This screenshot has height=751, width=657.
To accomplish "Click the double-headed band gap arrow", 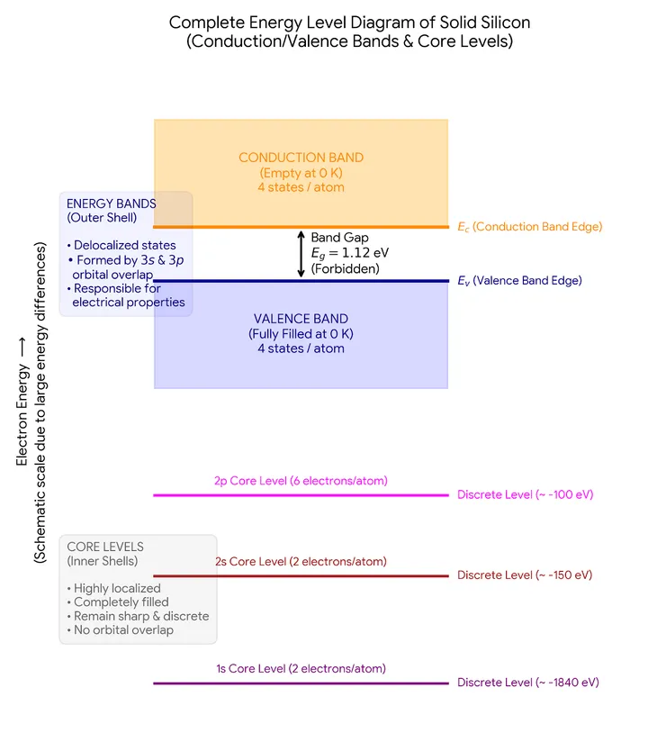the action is coord(301,254).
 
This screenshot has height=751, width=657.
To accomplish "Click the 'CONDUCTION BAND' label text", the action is coord(301,158).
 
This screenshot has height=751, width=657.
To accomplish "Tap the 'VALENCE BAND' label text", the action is coord(301,319).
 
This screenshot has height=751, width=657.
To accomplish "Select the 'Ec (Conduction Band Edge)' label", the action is coord(529,227).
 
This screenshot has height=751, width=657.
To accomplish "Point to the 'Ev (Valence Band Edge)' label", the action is coord(519,281).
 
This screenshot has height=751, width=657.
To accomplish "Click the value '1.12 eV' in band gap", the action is coord(365,253).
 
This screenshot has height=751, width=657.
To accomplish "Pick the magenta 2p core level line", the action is coord(301,495).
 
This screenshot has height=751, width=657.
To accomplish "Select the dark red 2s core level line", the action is coord(301,575).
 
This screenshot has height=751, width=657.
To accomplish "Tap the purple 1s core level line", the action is coord(301,683).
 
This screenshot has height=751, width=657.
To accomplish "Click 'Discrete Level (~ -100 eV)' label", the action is coord(526,494).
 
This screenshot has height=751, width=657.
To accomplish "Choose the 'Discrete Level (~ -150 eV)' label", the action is coord(525,575).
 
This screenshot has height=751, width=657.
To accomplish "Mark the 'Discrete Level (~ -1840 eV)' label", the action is coord(528,683).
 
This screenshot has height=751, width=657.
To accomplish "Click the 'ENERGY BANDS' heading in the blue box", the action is coord(111,204).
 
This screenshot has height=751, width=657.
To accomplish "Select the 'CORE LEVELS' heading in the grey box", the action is coord(105,547).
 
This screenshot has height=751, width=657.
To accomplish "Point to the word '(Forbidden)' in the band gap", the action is coord(346,269).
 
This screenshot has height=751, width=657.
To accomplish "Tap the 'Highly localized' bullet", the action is coord(114,589).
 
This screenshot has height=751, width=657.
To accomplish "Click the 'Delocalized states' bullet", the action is coord(121,246).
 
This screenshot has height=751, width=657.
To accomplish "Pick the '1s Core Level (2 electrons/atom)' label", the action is coord(301,669).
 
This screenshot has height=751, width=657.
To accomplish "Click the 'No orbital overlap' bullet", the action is coord(121,630).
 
